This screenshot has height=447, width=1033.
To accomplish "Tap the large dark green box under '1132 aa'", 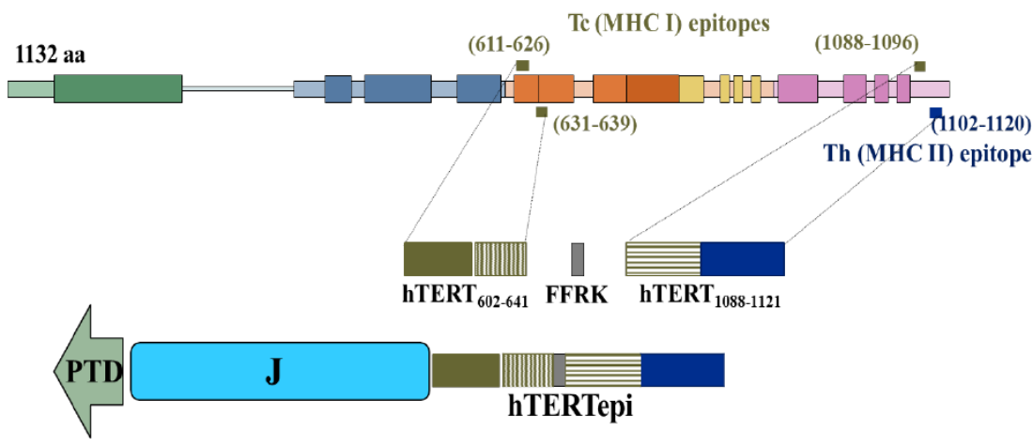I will (x=117, y=88).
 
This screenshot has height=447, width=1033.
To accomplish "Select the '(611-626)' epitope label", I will (x=508, y=44).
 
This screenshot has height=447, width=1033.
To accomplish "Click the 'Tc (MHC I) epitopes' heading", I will (x=670, y=22).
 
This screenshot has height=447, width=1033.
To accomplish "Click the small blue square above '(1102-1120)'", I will (x=935, y=114).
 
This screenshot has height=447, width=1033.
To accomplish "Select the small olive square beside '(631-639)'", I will (x=541, y=113).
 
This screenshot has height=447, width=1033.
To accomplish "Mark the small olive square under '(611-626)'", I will (x=522, y=65).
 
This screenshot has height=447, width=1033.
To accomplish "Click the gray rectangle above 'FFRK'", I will (x=578, y=258).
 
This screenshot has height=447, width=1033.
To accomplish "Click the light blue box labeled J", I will (x=280, y=370).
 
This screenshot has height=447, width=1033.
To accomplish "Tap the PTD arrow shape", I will (x=89, y=373).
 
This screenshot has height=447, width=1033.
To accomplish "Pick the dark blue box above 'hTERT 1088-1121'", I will (x=742, y=258).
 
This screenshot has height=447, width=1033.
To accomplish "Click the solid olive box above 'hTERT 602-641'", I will (x=438, y=258).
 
